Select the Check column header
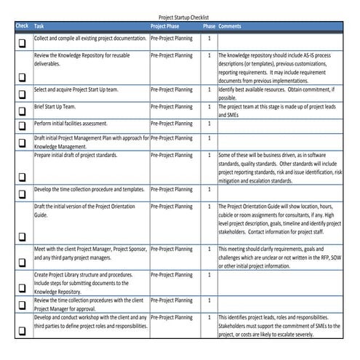pyautogui.click(x=22, y=26)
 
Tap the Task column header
pyautogui.click(x=39, y=26)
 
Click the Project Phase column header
pyautogui.click(x=166, y=26)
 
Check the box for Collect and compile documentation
pyautogui.click(x=22, y=43)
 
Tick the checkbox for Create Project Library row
pyautogui.click(x=22, y=286)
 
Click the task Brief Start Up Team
pyautogui.click(x=55, y=106)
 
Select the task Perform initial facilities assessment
pyautogui.click(x=75, y=122)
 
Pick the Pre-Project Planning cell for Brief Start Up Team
pyautogui.click(x=172, y=106)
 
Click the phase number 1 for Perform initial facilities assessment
pyautogui.click(x=209, y=122)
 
